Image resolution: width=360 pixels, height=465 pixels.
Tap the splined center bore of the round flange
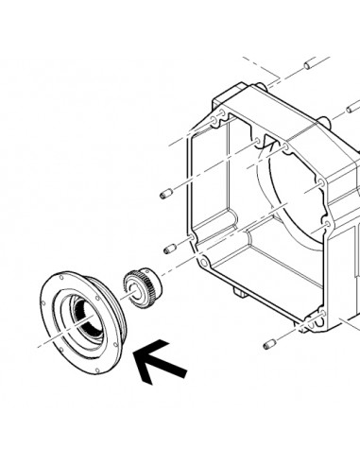[x=86, y=324]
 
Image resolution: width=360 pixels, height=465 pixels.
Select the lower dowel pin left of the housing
[x=168, y=250]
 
